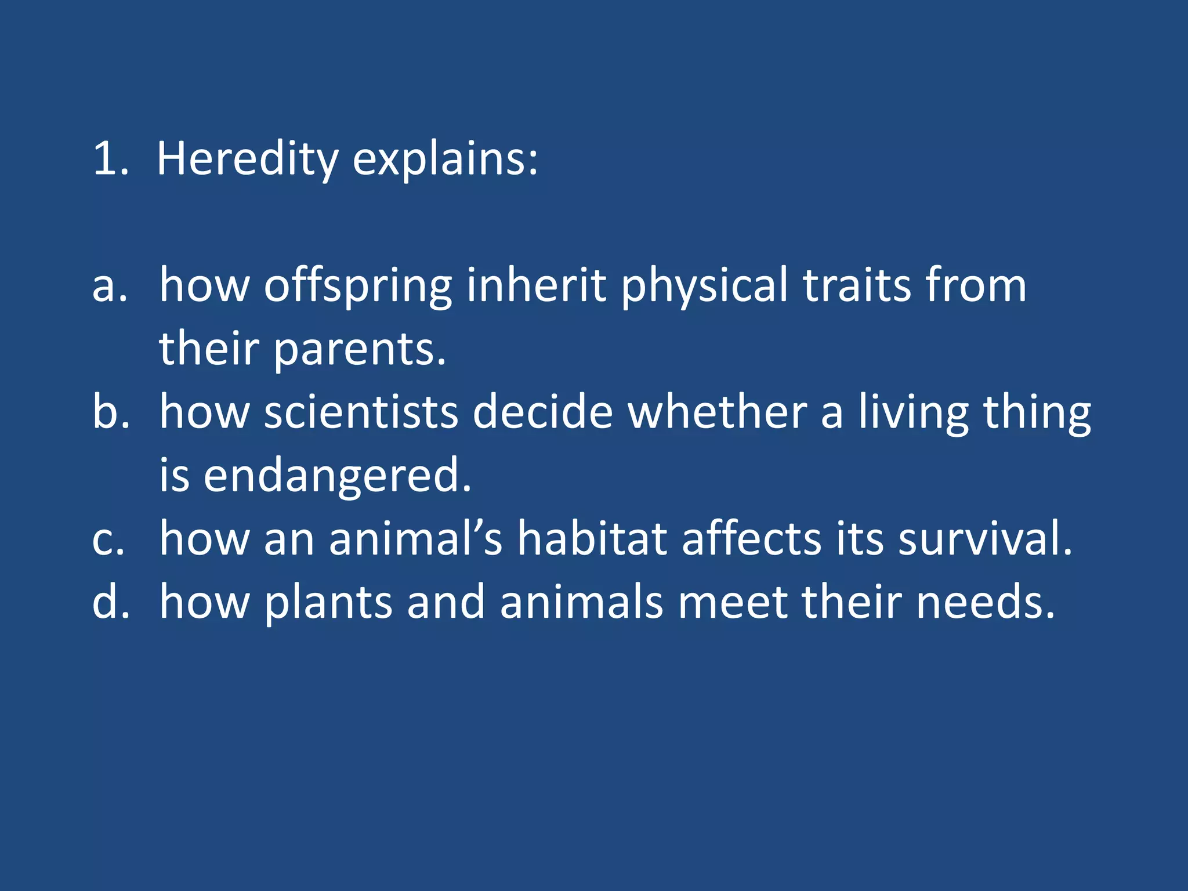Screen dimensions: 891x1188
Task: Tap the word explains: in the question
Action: point(445,159)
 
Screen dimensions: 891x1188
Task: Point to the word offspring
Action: point(358,287)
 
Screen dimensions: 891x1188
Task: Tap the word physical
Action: point(704,287)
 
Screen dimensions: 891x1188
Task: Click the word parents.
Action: point(359,350)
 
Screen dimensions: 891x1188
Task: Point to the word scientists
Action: point(361,412)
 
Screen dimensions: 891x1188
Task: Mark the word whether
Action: point(718,412)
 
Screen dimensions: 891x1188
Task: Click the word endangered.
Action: point(337,476)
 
